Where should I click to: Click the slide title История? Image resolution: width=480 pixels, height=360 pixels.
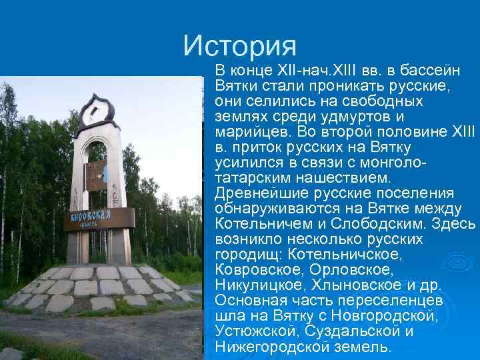click(240, 45)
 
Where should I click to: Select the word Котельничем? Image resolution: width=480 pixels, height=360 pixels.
click(263, 223)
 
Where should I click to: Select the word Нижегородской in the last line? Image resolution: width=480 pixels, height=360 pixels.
click(273, 346)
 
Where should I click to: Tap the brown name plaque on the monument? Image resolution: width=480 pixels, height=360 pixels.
click(99, 219)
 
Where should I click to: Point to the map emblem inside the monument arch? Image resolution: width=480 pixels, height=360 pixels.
click(97, 175)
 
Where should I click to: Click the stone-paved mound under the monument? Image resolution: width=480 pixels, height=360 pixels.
click(100, 287)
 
